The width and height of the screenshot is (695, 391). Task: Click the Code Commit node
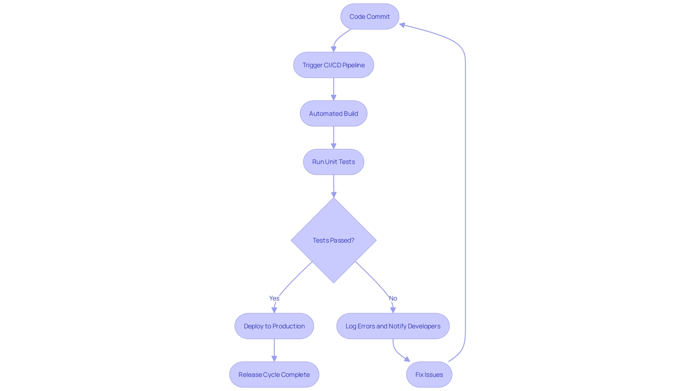pyautogui.click(x=370, y=17)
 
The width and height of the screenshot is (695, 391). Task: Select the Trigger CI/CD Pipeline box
pyautogui.click(x=333, y=65)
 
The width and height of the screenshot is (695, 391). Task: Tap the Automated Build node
pyautogui.click(x=333, y=114)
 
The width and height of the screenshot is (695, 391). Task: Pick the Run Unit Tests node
pyautogui.click(x=333, y=162)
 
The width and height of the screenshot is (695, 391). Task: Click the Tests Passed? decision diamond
pyautogui.click(x=333, y=240)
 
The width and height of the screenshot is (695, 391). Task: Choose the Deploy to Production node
pyautogui.click(x=274, y=326)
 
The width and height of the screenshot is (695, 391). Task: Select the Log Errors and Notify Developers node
pyautogui.click(x=393, y=326)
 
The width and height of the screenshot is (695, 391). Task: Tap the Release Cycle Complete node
pyautogui.click(x=274, y=375)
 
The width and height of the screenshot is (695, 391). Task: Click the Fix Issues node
pyautogui.click(x=429, y=375)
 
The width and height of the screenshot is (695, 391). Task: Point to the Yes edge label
pyautogui.click(x=274, y=298)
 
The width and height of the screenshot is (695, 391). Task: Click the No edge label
pyautogui.click(x=393, y=298)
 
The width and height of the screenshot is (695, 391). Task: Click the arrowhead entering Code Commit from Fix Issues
pyautogui.click(x=402, y=25)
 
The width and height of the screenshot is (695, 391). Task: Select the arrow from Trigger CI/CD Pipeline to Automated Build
pyautogui.click(x=333, y=89)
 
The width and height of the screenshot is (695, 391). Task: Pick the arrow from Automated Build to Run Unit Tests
pyautogui.click(x=333, y=138)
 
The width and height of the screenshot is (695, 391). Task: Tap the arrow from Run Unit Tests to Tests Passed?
pyautogui.click(x=333, y=186)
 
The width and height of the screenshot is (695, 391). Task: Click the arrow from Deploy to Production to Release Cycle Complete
pyautogui.click(x=274, y=350)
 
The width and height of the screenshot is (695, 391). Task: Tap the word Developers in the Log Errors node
pyautogui.click(x=424, y=326)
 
